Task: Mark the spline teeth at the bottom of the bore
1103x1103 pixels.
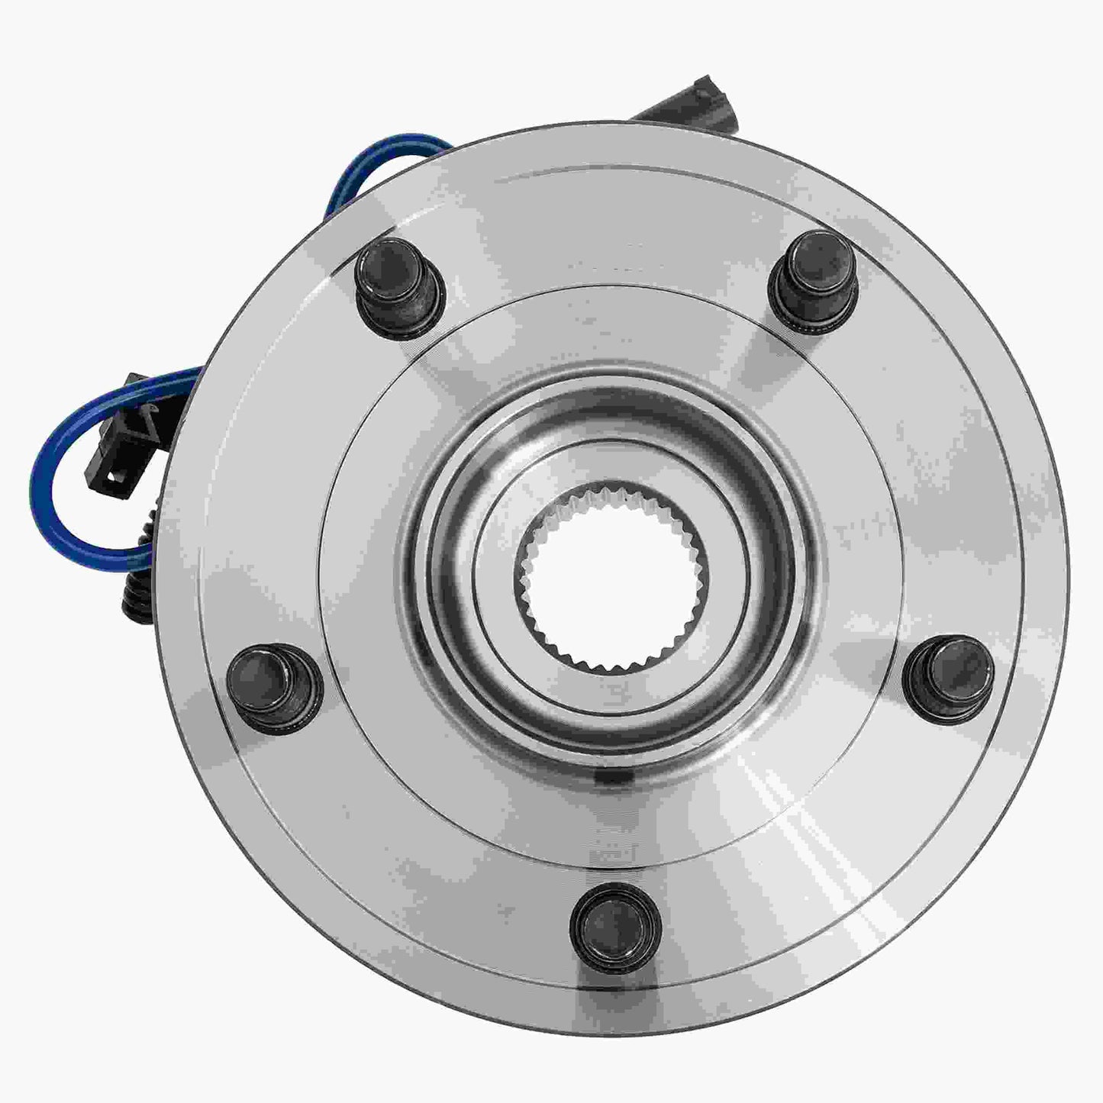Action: (x=615, y=664)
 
